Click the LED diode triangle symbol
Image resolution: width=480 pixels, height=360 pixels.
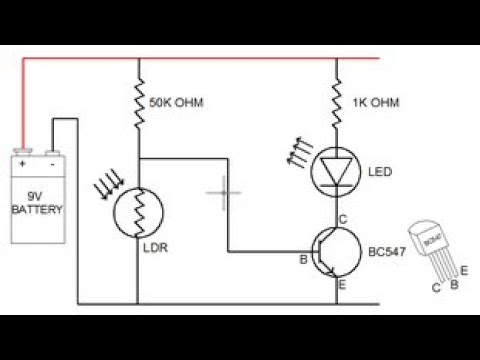tap(336, 173)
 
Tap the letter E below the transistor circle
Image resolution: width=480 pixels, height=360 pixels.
tap(342, 286)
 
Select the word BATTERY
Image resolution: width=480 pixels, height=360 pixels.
tap(37, 210)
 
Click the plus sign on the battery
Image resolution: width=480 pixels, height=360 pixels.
tap(23, 164)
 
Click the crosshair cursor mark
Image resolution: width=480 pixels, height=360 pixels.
tap(224, 191)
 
